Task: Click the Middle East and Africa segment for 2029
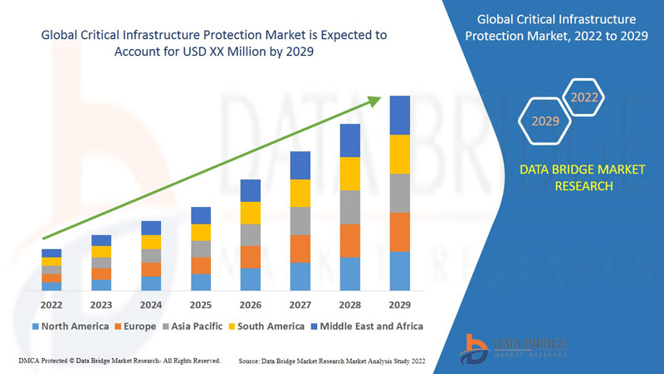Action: click(400, 115)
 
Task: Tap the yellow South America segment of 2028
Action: click(350, 174)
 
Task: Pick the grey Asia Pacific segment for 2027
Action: click(300, 221)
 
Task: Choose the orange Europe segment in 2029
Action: click(400, 232)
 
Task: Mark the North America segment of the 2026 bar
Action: click(251, 279)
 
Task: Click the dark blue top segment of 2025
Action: click(201, 215)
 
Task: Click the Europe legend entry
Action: click(135, 326)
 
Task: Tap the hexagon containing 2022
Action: click(584, 98)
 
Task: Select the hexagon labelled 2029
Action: click(545, 121)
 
